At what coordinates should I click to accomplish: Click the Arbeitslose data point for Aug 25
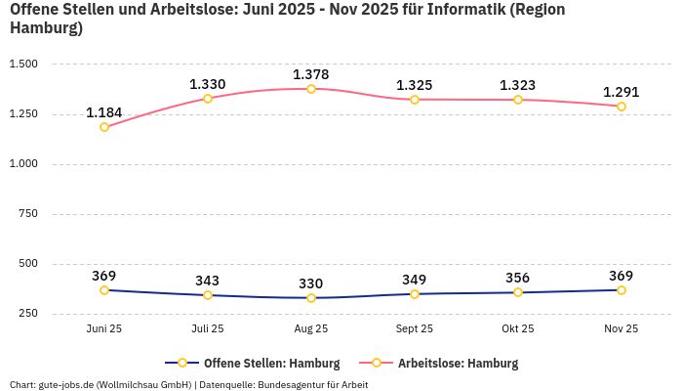(x=311, y=89)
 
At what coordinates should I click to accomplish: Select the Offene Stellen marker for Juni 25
(x=104, y=290)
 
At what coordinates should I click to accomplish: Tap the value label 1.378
(x=311, y=74)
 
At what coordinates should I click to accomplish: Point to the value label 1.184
(x=104, y=112)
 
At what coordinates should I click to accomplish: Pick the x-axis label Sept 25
(x=415, y=329)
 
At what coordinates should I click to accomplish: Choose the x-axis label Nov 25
(x=622, y=329)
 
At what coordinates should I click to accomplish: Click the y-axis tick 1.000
(x=22, y=164)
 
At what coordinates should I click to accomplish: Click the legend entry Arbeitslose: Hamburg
(x=458, y=363)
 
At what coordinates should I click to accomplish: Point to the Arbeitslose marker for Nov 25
(x=622, y=107)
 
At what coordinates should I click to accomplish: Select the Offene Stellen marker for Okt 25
(x=518, y=292)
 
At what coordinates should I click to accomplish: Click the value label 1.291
(x=622, y=92)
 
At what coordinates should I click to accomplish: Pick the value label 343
(x=208, y=281)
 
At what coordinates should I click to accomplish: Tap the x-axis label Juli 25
(x=208, y=329)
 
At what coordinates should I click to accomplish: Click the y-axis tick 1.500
(x=22, y=64)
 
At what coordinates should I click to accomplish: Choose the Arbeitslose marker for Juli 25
(x=208, y=99)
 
